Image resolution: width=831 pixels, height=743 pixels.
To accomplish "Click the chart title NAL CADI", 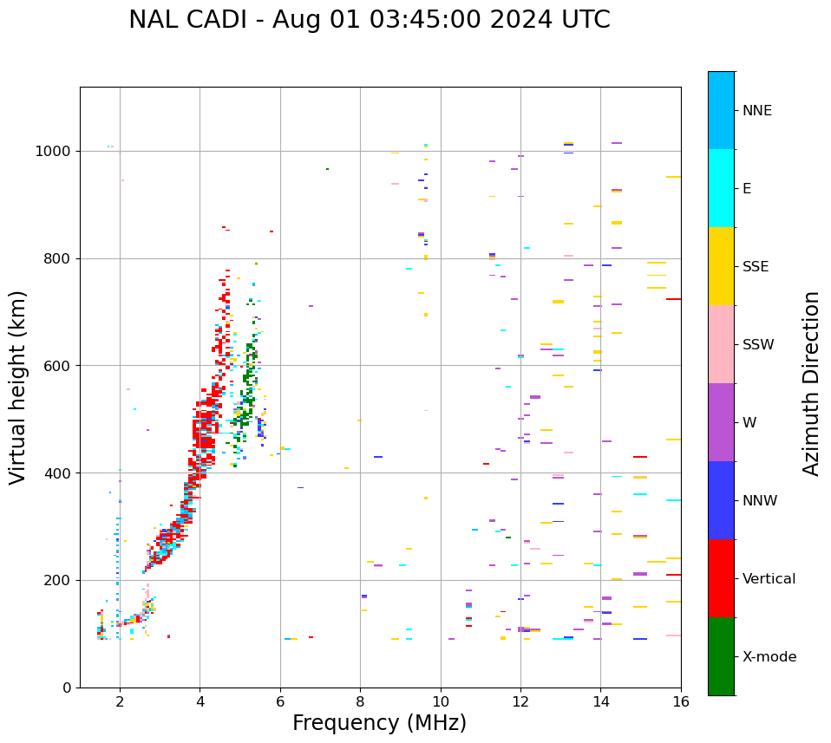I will (x=369, y=20).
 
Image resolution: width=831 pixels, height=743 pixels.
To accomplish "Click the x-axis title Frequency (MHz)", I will (x=379, y=723).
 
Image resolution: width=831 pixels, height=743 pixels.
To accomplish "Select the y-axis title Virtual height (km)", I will (x=18, y=387).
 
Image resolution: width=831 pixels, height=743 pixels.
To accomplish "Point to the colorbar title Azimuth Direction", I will (x=811, y=383).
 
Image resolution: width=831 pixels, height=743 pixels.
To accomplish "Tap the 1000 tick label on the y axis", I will (x=54, y=152).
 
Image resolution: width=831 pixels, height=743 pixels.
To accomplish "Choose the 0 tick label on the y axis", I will (x=67, y=688).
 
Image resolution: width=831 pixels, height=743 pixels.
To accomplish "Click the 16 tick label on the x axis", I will (x=681, y=701).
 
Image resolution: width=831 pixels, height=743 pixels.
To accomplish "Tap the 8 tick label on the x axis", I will (x=360, y=701).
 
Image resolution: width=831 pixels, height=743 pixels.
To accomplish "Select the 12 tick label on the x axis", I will (x=520, y=701).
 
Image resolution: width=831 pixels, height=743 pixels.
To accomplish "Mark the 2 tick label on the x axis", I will (x=120, y=701).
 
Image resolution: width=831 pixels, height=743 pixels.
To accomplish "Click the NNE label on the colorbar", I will (x=757, y=111).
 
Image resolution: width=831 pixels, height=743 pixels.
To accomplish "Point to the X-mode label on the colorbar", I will (x=769, y=657).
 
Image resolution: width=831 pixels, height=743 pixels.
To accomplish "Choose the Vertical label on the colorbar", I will (x=769, y=579).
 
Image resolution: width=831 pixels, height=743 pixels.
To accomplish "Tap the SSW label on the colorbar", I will (x=758, y=345).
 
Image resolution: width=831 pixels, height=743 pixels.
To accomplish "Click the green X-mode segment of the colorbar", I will (x=721, y=656).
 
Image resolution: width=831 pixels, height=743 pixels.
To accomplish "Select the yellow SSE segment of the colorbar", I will (x=721, y=266).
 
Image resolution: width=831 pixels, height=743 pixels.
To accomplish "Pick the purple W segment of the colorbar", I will (x=721, y=422).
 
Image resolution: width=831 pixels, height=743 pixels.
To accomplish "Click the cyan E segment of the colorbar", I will (x=721, y=188).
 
